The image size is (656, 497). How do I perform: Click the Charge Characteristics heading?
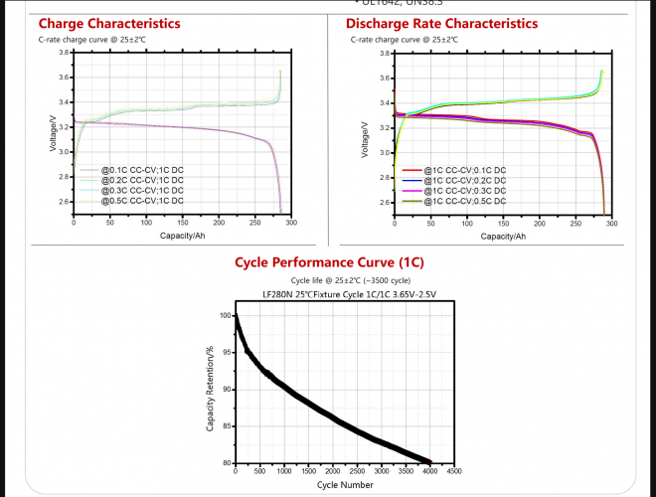109,23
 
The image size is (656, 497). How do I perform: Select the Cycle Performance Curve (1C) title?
327,263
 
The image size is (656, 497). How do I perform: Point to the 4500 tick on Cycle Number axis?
454,472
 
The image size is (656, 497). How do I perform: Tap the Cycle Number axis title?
345,485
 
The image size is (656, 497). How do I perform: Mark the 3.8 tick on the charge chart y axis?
64,52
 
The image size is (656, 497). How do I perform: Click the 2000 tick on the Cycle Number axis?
333,472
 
